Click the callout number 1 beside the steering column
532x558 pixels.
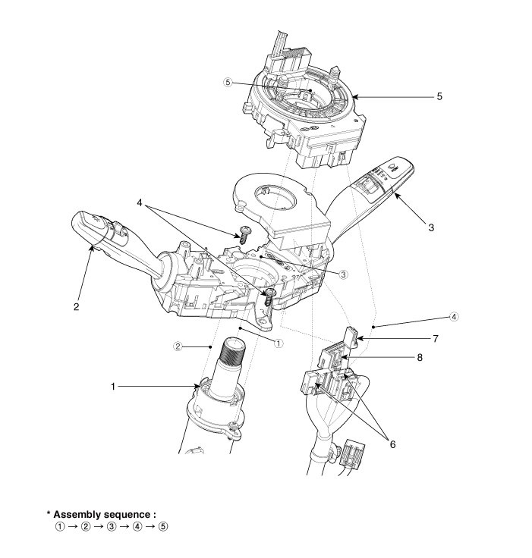point(113,386)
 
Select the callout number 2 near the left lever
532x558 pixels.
point(77,306)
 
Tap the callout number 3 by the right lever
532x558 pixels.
point(431,227)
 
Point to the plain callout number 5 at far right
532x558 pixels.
point(439,97)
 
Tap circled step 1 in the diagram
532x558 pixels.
point(278,343)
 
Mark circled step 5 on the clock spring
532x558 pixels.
point(228,83)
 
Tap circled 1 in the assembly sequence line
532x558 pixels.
point(61,527)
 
